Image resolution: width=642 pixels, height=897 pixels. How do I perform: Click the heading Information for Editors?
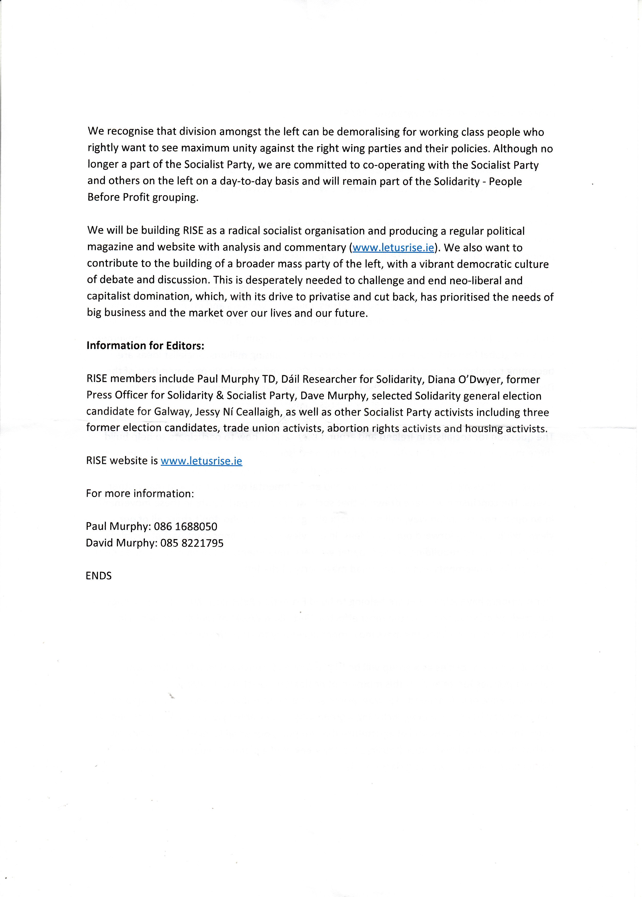(145, 346)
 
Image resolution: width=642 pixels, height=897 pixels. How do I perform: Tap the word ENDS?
(98, 576)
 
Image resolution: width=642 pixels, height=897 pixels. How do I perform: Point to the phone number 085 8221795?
(192, 543)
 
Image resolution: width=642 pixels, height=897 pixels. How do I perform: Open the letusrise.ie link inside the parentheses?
(393, 248)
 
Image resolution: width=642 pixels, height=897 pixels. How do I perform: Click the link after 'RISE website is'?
(201, 461)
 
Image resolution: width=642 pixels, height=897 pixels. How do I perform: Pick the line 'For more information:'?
(140, 494)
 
